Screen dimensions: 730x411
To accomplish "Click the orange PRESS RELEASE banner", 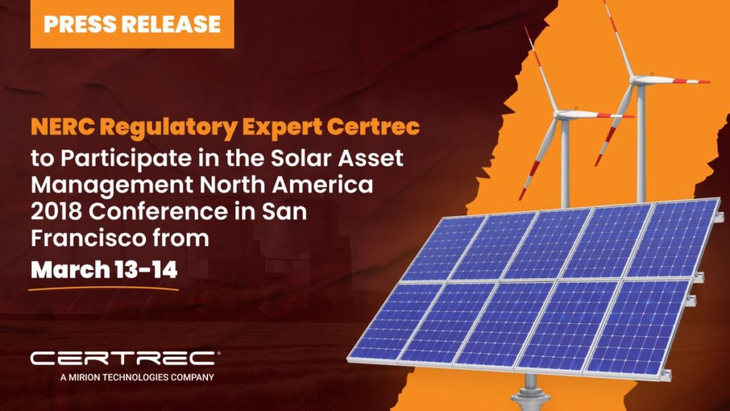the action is click(x=132, y=24).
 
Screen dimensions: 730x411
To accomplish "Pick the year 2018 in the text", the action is click(x=57, y=211).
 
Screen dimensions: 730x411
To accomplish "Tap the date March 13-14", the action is click(x=104, y=270).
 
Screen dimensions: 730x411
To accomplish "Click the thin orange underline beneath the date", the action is click(x=103, y=288).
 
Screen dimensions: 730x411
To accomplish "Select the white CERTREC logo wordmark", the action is click(x=124, y=358).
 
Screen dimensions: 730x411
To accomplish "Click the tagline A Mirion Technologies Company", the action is click(x=137, y=377).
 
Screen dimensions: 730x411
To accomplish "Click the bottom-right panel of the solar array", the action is click(x=638, y=326).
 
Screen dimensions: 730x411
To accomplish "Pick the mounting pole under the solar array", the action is click(x=530, y=392).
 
